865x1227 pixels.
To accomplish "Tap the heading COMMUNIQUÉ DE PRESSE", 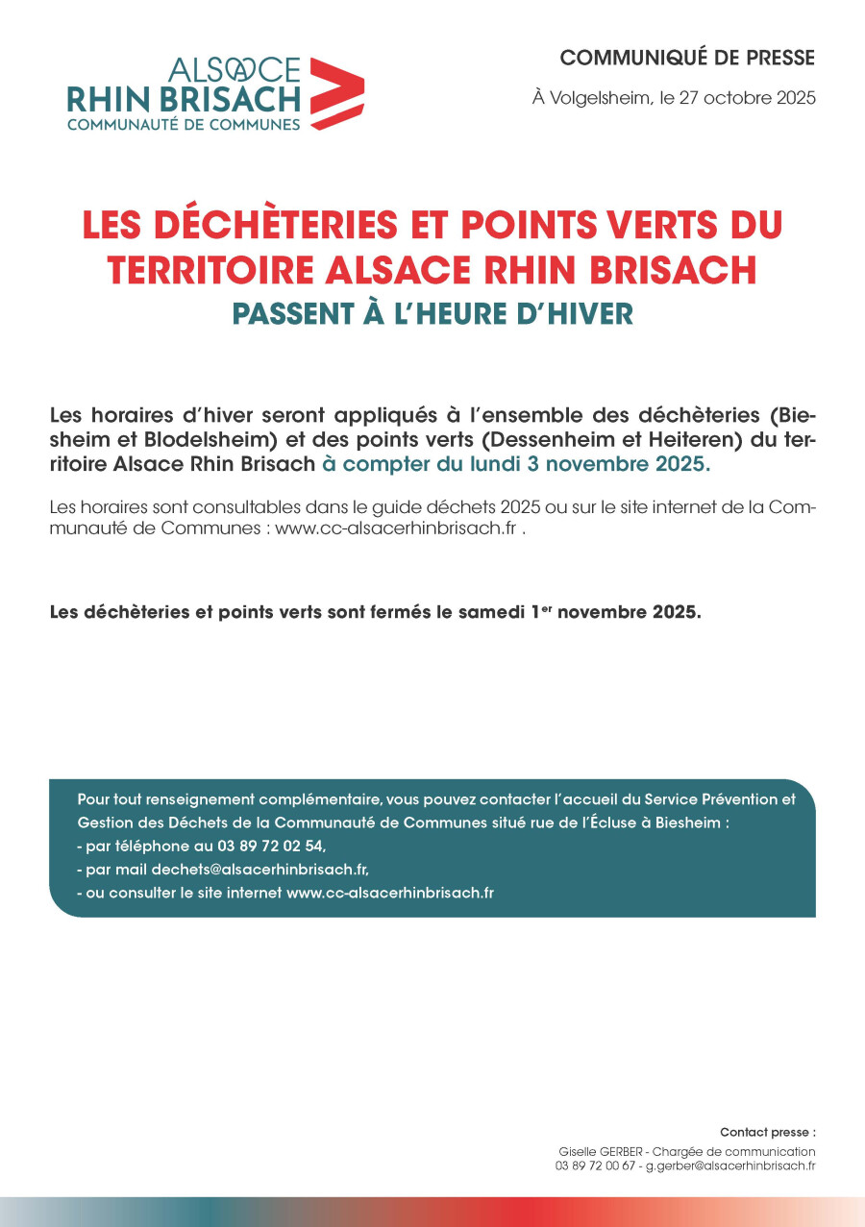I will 687,58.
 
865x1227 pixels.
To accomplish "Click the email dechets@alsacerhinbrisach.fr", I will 259,870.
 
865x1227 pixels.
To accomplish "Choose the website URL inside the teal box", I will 390,893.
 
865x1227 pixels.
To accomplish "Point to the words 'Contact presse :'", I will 767,1132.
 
